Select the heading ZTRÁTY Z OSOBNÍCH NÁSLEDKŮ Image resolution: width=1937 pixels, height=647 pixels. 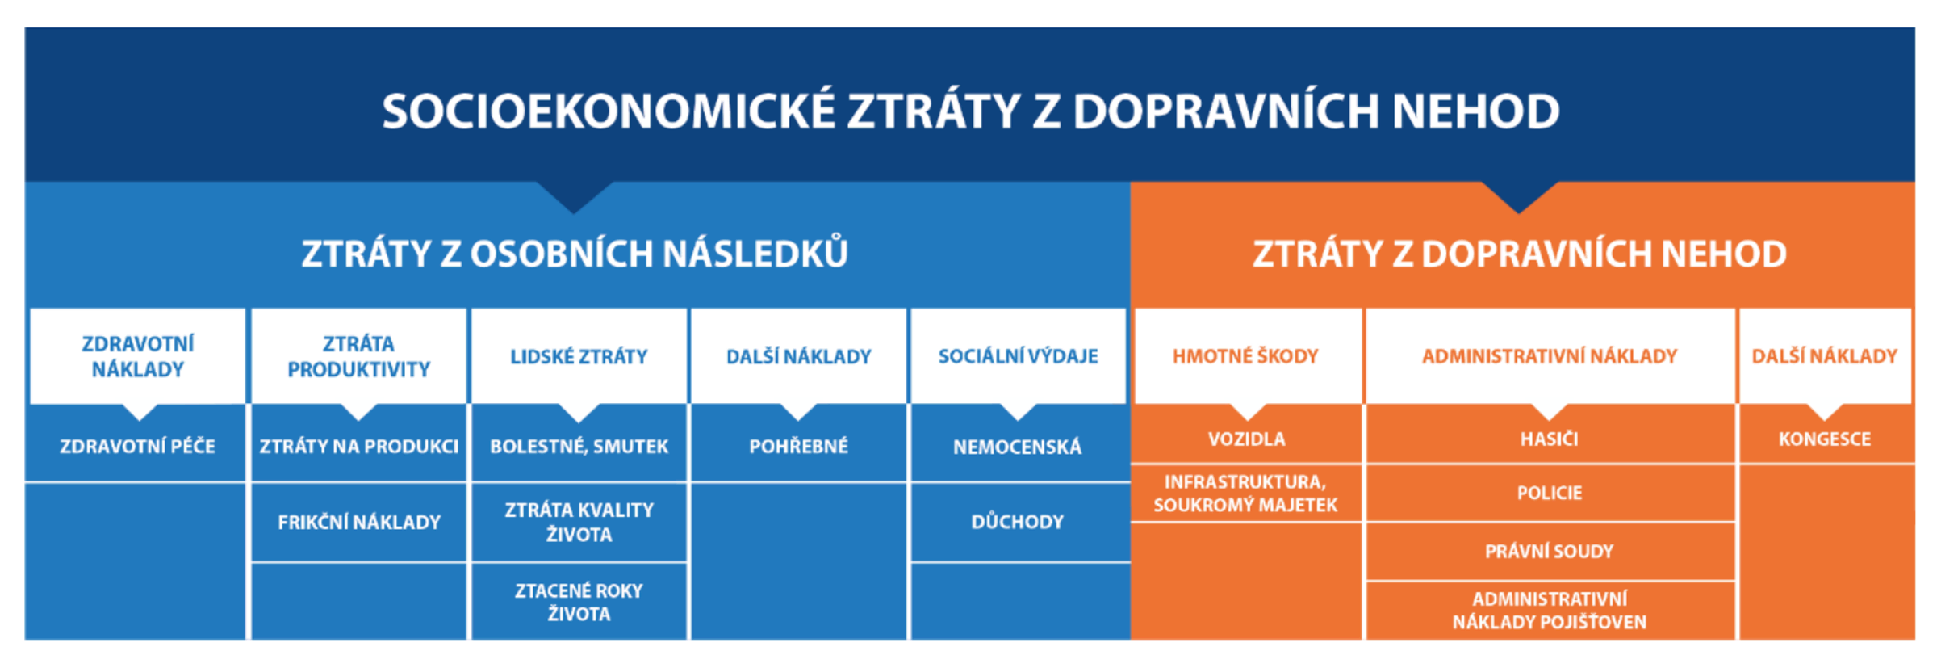tap(575, 254)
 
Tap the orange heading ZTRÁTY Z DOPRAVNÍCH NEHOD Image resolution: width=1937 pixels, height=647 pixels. tap(1519, 254)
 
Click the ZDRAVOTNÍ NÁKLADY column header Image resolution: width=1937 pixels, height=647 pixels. tap(138, 356)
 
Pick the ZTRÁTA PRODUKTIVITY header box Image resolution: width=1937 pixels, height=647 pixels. tap(358, 356)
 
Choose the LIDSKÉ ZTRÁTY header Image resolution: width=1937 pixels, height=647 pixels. tap(579, 356)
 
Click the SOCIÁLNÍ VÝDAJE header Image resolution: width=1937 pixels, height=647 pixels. tap(1018, 356)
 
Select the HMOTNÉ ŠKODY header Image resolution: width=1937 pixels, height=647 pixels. tap(1245, 356)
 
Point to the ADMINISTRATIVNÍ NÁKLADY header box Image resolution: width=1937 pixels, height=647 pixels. tap(1549, 356)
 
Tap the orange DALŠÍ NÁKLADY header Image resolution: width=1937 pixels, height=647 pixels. tap(1824, 356)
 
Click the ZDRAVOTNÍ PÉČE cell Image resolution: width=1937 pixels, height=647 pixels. tap(138, 447)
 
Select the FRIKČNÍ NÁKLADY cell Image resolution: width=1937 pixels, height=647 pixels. tap(358, 523)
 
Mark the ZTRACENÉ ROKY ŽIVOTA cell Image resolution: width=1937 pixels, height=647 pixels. tap(579, 603)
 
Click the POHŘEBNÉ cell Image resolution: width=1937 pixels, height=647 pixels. tap(798, 447)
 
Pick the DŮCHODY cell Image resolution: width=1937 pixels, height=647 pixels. tap(1018, 522)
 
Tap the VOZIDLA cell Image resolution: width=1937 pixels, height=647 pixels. tap(1246, 439)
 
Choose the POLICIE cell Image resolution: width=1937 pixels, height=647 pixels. tap(1549, 493)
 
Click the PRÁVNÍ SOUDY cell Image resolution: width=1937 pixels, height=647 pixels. tap(1549, 552)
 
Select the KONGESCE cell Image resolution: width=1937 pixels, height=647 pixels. tap(1824, 439)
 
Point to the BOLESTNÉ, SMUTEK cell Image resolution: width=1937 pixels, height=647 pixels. tap(579, 447)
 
